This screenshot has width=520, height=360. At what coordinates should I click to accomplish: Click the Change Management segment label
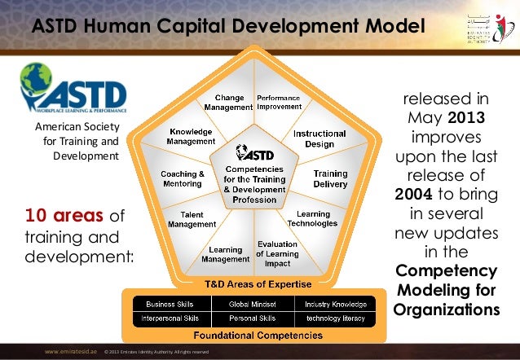tap(229, 102)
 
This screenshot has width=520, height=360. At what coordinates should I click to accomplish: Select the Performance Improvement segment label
tap(279, 102)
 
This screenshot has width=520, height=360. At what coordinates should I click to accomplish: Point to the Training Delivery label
tap(330, 178)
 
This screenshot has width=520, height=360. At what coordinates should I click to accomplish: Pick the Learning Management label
tap(225, 255)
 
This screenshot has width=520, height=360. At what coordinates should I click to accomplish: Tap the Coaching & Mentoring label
tap(182, 178)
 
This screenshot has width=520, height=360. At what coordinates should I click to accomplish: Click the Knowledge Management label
tap(191, 136)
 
